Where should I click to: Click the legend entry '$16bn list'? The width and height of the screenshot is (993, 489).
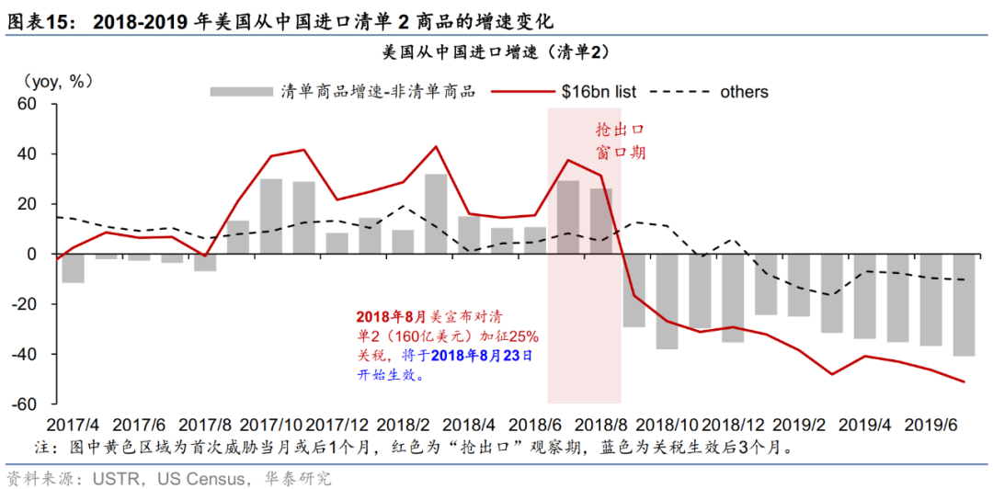pyautogui.click(x=599, y=92)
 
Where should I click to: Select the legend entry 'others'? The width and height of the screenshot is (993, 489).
pyautogui.click(x=744, y=92)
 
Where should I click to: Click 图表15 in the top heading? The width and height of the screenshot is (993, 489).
pyautogui.click(x=44, y=18)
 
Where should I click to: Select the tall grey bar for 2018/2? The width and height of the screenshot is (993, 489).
pyautogui.click(x=436, y=213)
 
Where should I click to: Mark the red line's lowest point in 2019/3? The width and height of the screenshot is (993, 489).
pyautogui.click(x=832, y=374)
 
